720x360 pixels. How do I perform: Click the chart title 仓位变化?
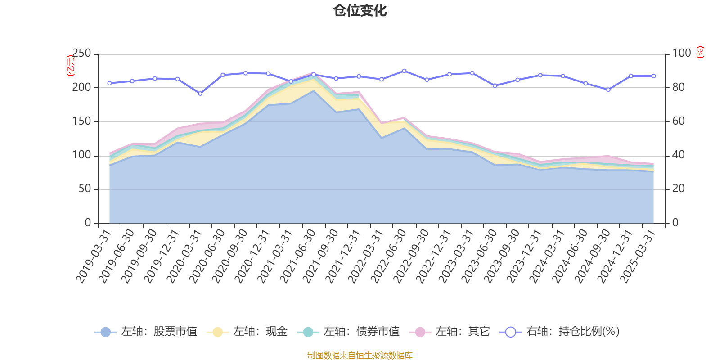pyautogui.click(x=360, y=10)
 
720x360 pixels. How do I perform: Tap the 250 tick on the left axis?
pyautogui.click(x=81, y=54)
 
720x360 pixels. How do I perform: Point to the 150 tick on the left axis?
pyautogui.click(x=81, y=121)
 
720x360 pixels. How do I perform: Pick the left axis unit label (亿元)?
pyautogui.click(x=71, y=66)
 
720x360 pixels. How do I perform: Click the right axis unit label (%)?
pyautogui.click(x=700, y=52)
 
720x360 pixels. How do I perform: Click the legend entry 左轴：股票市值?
pyautogui.click(x=146, y=332)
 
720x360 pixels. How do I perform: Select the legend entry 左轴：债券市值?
pyautogui.click(x=348, y=332)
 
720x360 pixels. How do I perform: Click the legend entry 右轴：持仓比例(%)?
pyautogui.click(x=560, y=332)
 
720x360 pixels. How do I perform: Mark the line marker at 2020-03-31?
pyautogui.click(x=200, y=94)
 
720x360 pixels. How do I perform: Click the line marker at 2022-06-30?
pyautogui.click(x=404, y=71)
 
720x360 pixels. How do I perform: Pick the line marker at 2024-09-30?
pyautogui.click(x=608, y=90)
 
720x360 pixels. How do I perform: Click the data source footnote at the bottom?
pyautogui.click(x=360, y=355)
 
